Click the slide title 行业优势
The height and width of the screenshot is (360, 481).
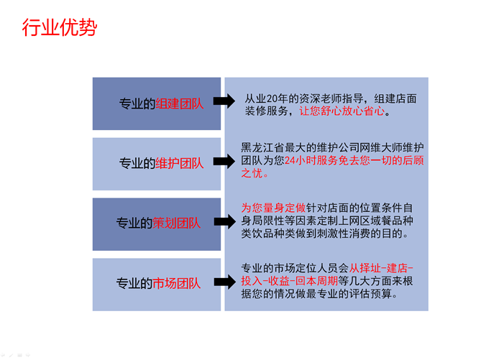click(x=59, y=29)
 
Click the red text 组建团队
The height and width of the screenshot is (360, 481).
click(x=180, y=103)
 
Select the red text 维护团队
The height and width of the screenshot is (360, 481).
click(x=180, y=163)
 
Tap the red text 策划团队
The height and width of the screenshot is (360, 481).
click(x=176, y=223)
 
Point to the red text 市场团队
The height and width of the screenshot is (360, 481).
click(x=176, y=283)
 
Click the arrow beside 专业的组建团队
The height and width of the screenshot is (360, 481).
click(x=224, y=103)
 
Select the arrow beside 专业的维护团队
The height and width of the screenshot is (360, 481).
click(x=224, y=162)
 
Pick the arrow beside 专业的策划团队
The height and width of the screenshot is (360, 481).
click(x=224, y=223)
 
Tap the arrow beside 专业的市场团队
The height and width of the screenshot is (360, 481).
click(x=224, y=282)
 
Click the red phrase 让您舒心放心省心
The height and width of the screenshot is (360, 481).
click(x=344, y=111)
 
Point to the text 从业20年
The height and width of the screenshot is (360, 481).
click(x=270, y=98)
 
